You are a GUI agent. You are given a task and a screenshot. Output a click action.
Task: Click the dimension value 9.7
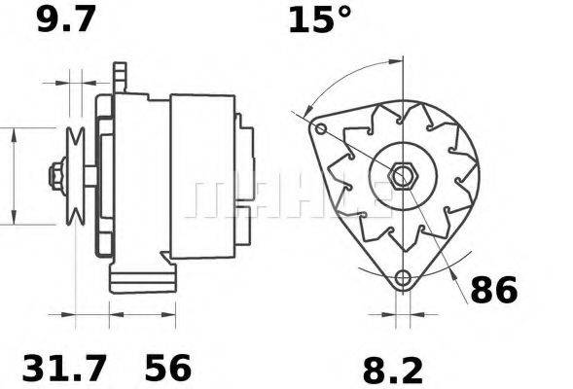point(66,19)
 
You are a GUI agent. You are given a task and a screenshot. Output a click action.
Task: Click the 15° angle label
point(319,19)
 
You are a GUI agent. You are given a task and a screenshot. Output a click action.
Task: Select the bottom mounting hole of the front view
point(401,279)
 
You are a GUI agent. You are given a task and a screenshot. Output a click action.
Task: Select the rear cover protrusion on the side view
point(245,175)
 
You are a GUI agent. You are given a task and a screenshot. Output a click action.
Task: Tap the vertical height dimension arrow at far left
point(14,175)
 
